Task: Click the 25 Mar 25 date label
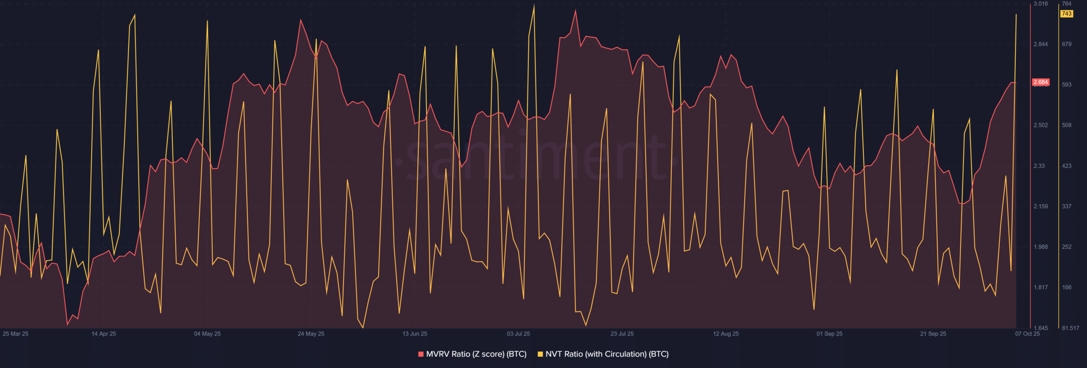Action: pos(16,334)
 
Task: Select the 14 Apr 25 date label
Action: pos(104,334)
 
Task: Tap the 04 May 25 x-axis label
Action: pos(207,334)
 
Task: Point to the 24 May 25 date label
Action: pos(311,334)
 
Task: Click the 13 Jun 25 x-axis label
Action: pos(415,334)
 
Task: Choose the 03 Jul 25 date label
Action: pos(518,334)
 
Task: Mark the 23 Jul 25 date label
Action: pos(622,334)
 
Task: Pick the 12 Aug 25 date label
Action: pos(726,334)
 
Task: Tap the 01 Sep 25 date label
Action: pos(829,334)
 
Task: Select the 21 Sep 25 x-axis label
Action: pos(933,334)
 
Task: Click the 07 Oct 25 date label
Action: pos(1028,334)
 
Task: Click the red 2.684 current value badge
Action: pos(1041,82)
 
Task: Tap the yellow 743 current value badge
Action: pos(1067,14)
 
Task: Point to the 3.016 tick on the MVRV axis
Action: pos(1041,4)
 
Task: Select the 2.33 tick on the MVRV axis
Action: pos(1039,166)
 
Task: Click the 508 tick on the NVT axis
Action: pos(1067,125)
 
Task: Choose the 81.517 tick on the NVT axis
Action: pos(1070,328)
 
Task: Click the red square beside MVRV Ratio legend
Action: pos(421,354)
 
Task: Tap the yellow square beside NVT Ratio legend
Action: pos(540,354)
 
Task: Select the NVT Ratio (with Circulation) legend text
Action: pos(607,354)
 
